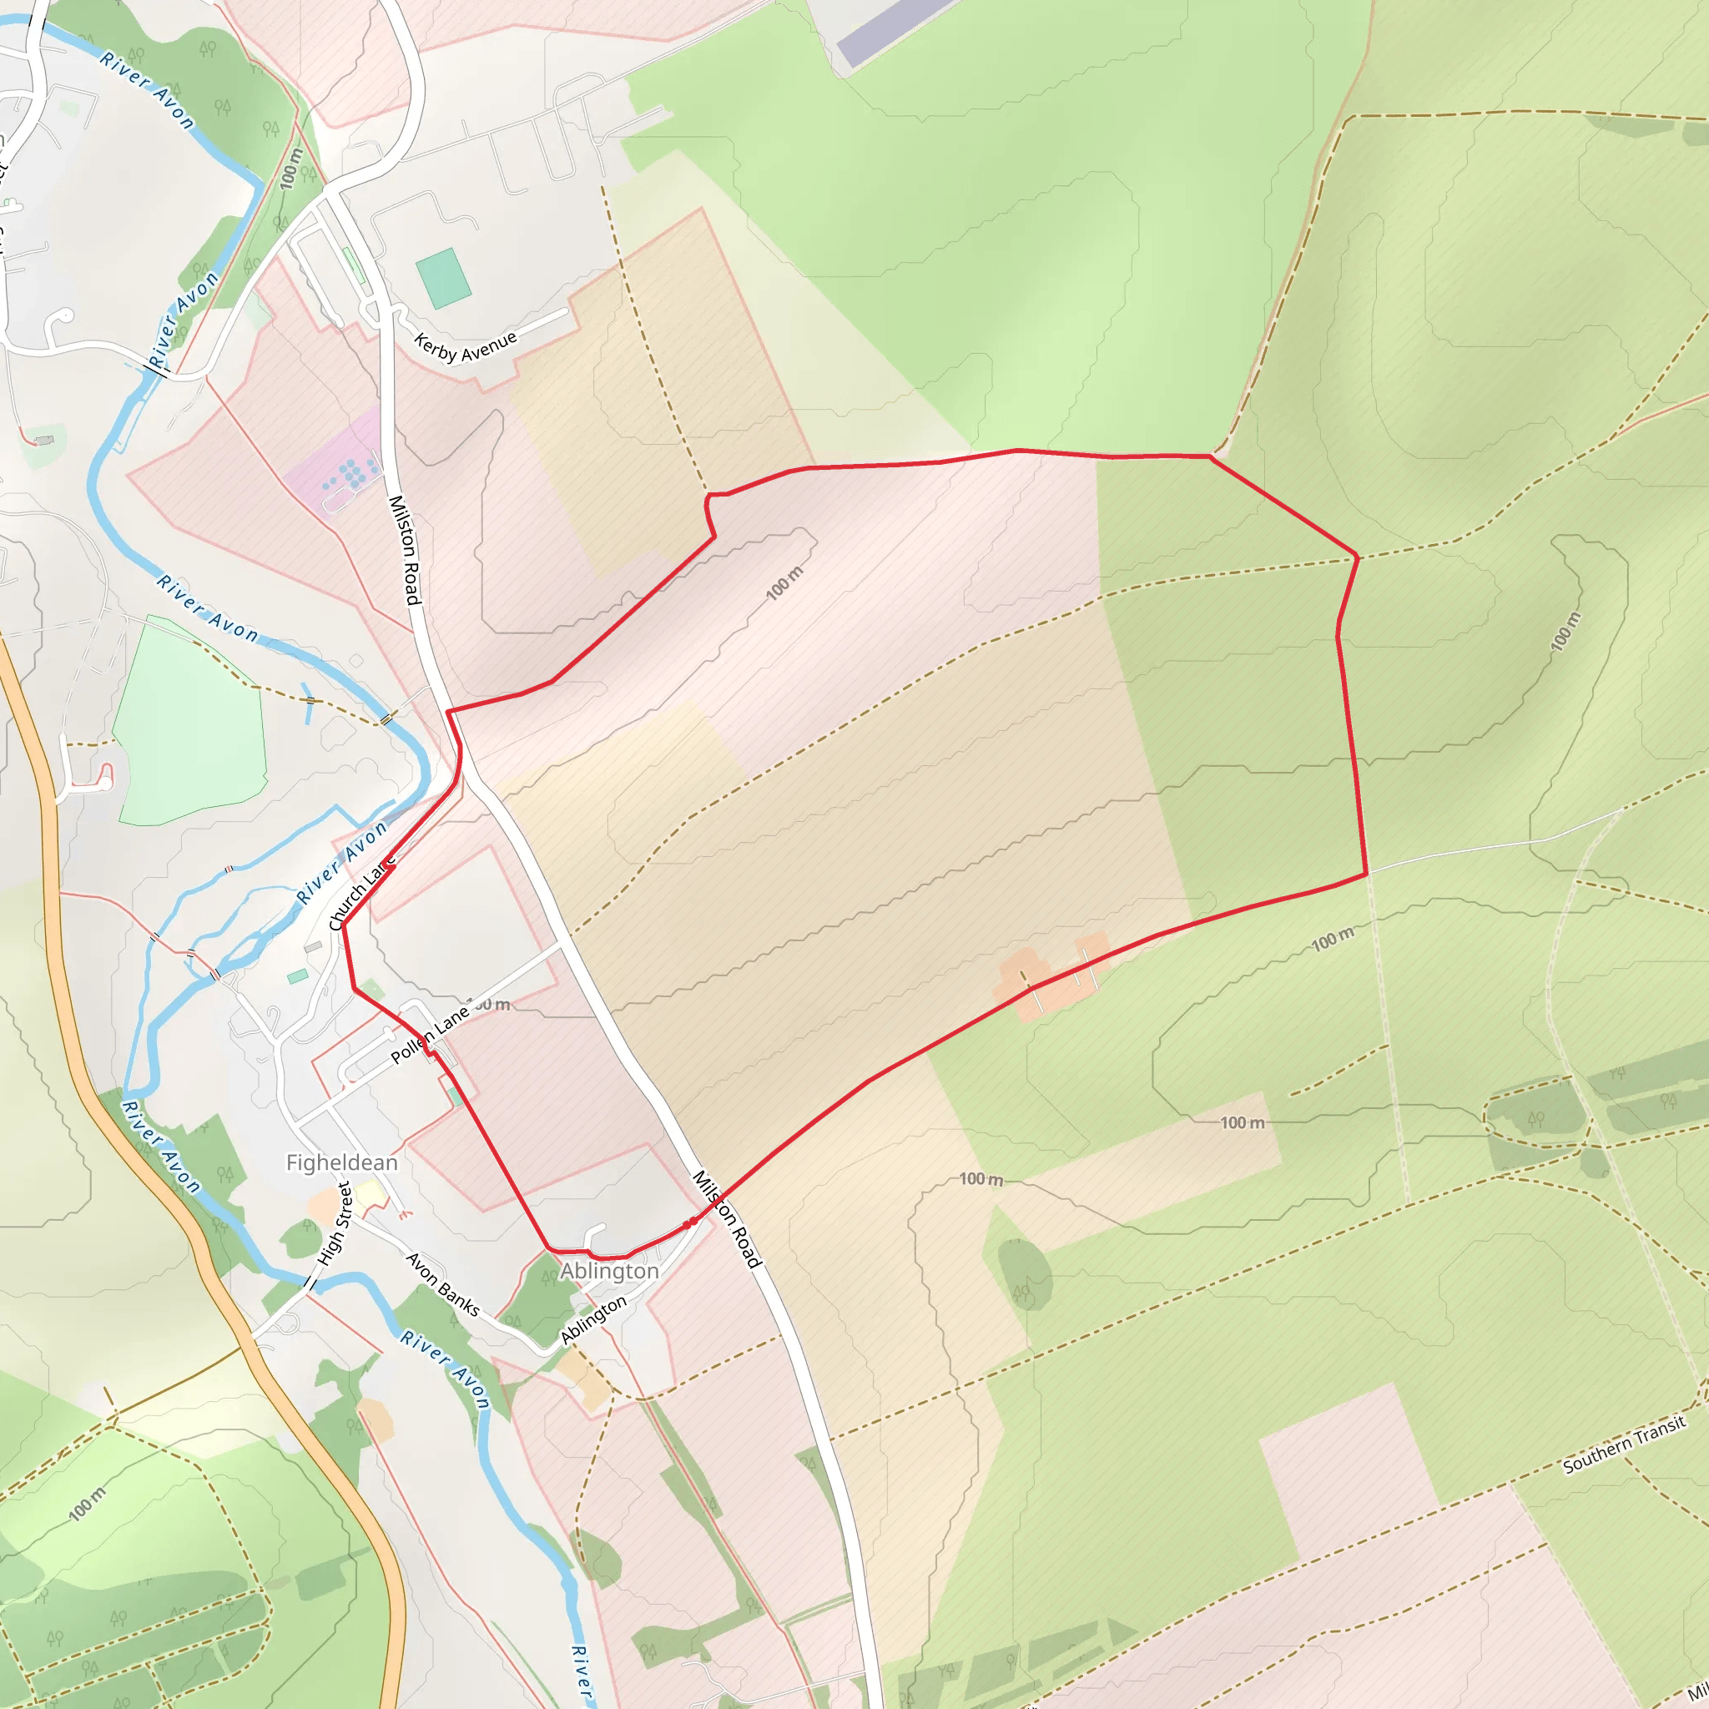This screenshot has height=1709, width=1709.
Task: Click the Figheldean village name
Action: (x=341, y=1162)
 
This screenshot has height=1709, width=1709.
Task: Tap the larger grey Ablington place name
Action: (x=609, y=1270)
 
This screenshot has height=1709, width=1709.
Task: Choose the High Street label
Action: (x=335, y=1223)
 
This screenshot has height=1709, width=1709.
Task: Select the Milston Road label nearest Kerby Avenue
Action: (x=404, y=549)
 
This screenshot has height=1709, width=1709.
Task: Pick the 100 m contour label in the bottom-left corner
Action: (x=87, y=1504)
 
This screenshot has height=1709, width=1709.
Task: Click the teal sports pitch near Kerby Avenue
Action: (x=443, y=278)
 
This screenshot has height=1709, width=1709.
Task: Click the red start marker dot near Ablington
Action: (x=688, y=1223)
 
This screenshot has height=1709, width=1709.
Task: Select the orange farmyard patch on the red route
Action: (x=1051, y=977)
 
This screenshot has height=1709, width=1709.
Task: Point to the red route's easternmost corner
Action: (x=1367, y=873)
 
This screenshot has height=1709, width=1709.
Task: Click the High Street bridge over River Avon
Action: (x=311, y=1283)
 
